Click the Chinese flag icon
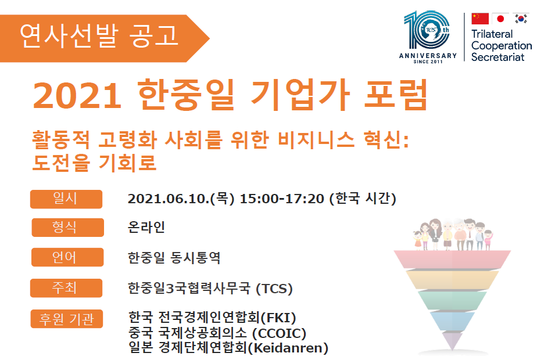click(x=480, y=19)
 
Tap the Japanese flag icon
click(x=500, y=19)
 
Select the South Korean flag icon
click(x=521, y=19)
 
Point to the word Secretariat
click(x=497, y=57)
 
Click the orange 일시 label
click(x=66, y=199)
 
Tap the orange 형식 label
click(x=67, y=228)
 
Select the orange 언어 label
click(x=67, y=257)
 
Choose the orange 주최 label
click(x=66, y=288)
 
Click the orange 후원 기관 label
click(x=66, y=319)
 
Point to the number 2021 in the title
click(x=77, y=95)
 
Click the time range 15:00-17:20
click(x=282, y=199)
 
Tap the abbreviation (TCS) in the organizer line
click(x=274, y=289)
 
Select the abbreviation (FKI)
click(x=278, y=318)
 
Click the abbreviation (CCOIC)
click(x=279, y=333)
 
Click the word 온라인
click(x=146, y=227)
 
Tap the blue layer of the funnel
click(x=452, y=321)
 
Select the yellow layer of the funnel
click(x=452, y=279)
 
